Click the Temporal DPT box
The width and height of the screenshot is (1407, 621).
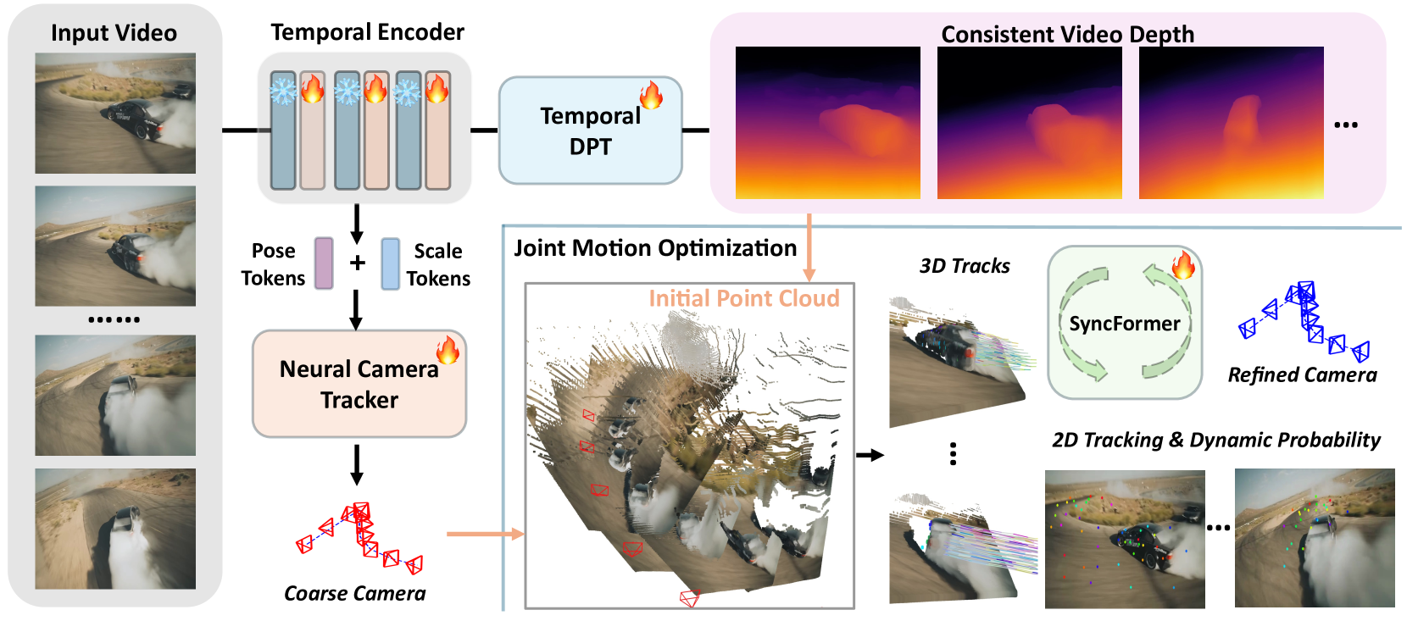coord(590,131)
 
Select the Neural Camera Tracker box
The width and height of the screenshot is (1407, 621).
coord(359,385)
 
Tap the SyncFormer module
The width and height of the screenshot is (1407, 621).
coord(1124,323)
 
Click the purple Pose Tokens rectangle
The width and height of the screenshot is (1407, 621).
coord(324,263)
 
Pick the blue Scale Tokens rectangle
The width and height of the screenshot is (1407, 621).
coord(390,263)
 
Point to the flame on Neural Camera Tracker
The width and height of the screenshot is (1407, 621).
coord(448,348)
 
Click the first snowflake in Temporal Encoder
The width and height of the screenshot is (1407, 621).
coord(282,90)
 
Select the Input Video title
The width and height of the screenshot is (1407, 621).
coord(114,33)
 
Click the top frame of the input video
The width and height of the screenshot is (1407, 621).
coord(115,114)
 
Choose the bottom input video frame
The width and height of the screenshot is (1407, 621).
coord(115,529)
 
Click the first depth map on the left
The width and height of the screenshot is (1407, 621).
coord(827,123)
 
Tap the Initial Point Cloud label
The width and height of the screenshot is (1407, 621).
coord(743,298)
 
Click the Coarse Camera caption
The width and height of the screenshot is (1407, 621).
coord(354,593)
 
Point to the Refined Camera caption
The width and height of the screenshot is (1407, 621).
coord(1302,374)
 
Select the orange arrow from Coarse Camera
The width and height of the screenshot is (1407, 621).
coord(485,534)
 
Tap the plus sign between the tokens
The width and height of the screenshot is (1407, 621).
coord(358,263)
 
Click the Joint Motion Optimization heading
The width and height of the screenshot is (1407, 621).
coord(655,248)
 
